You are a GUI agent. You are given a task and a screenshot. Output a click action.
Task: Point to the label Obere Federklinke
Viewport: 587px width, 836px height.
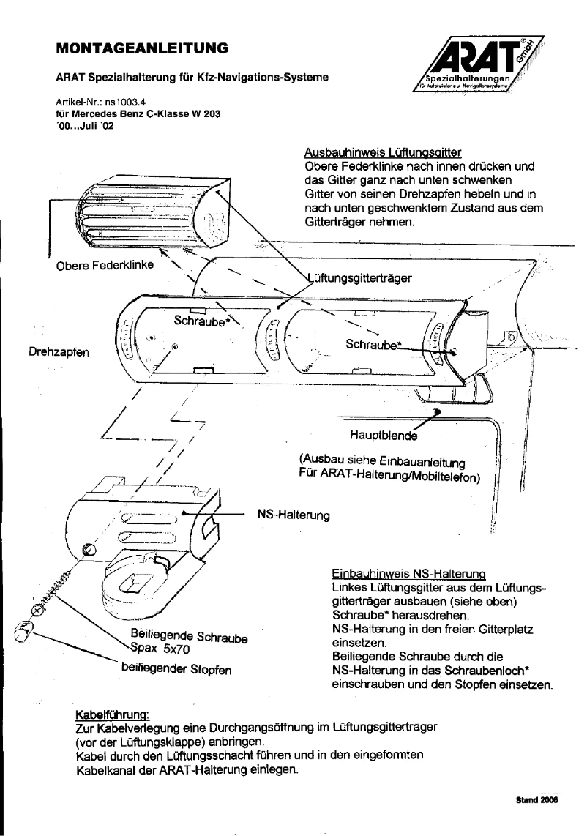point(105,265)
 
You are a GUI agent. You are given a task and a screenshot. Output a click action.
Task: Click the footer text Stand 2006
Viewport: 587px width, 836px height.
point(538,800)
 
